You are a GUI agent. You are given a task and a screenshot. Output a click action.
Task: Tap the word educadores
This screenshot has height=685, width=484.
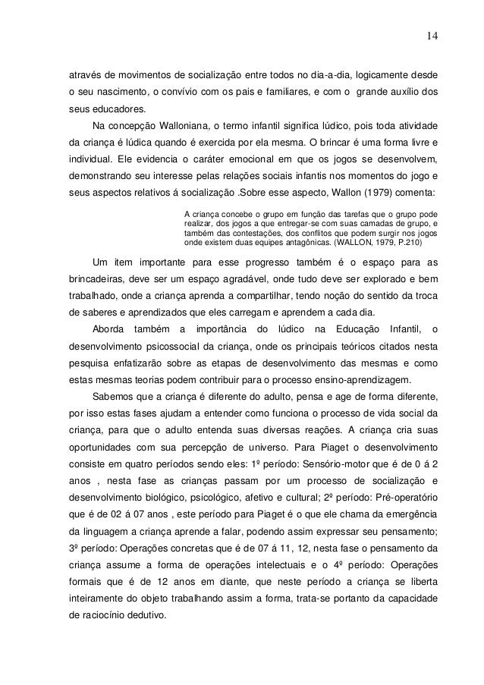[x=117, y=109]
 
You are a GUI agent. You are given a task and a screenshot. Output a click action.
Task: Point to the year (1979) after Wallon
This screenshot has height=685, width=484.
[x=379, y=191]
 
